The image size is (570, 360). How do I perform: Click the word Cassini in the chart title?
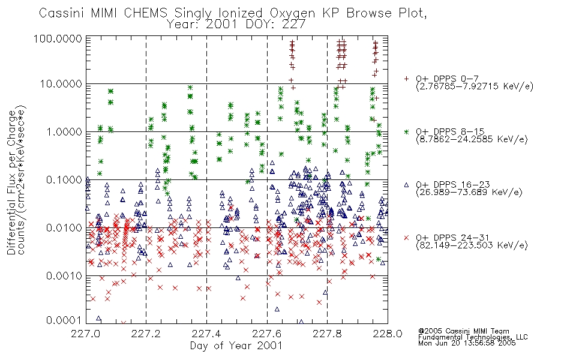(62, 13)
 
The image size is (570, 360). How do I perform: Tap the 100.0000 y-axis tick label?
(58, 38)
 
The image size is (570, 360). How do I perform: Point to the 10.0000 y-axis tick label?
(61, 83)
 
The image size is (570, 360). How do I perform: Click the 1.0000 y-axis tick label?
(64, 131)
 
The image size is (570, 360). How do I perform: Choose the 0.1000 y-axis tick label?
(64, 179)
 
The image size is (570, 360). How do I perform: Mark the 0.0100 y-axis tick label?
(64, 228)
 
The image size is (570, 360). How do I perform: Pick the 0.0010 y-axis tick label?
(64, 275)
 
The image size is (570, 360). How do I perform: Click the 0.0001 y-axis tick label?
(64, 320)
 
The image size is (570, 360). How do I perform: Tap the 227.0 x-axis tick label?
(85, 334)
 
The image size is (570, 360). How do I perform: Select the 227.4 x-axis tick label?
(206, 334)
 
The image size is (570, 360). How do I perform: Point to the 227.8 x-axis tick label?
(327, 334)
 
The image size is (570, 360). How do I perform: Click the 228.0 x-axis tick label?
(388, 334)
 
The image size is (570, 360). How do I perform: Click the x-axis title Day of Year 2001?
(236, 346)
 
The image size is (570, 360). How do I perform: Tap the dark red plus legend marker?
(406, 79)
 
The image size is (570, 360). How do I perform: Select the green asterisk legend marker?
(406, 131)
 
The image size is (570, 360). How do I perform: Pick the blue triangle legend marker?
(406, 185)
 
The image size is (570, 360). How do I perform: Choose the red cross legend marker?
(406, 238)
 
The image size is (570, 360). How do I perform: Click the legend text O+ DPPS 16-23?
(453, 185)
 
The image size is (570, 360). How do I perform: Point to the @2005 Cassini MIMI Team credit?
(463, 331)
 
